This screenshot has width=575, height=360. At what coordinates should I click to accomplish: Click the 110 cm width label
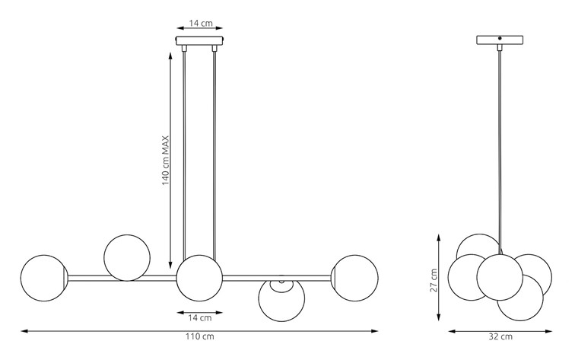pyautogui.click(x=199, y=336)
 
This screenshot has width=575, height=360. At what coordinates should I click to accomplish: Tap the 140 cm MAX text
pyautogui.click(x=166, y=161)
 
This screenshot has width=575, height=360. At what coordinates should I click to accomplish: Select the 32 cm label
pyautogui.click(x=500, y=336)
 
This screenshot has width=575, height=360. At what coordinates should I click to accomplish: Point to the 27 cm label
pyautogui.click(x=434, y=280)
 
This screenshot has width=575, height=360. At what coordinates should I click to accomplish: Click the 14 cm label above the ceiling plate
pyautogui.click(x=201, y=23)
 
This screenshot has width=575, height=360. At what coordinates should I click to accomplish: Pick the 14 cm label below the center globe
pyautogui.click(x=200, y=318)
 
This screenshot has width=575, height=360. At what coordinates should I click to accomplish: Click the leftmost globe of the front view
pyautogui.click(x=44, y=278)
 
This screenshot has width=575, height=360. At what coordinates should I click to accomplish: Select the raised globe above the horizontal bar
pyautogui.click(x=127, y=258)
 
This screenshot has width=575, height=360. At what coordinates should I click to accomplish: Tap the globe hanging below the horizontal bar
pyautogui.click(x=281, y=298)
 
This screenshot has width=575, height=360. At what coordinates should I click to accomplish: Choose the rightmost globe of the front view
pyautogui.click(x=355, y=278)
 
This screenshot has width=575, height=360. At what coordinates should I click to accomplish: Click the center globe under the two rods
pyautogui.click(x=199, y=278)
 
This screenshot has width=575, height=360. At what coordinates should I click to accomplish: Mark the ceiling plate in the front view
pyautogui.click(x=200, y=41)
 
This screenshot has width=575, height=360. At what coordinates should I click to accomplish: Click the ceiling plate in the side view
pyautogui.click(x=500, y=40)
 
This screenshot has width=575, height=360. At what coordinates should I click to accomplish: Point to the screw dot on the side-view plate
pyautogui.click(x=500, y=38)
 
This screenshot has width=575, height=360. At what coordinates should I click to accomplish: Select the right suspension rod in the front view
pyautogui.click(x=214, y=155)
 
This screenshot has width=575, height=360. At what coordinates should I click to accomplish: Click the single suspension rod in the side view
pyautogui.click(x=500, y=151)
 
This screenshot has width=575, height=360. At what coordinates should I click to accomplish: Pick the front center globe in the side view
pyautogui.click(x=500, y=277)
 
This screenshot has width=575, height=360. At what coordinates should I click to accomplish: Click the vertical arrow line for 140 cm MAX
pyautogui.click(x=170, y=161)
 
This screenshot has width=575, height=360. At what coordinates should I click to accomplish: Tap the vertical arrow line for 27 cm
pyautogui.click(x=439, y=278)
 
